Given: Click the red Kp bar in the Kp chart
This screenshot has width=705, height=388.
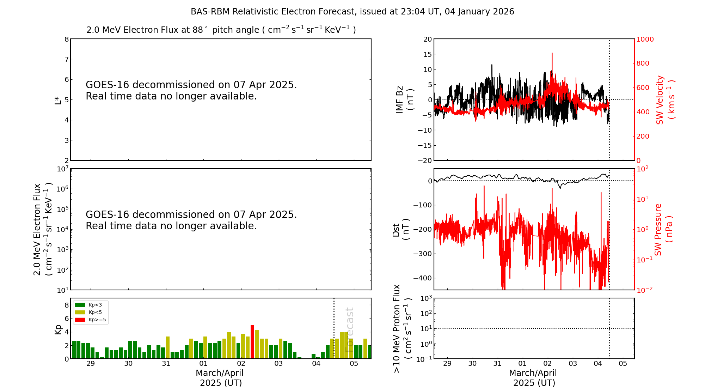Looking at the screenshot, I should coord(252,341).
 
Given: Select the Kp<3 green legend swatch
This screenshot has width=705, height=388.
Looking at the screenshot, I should coord(80,305).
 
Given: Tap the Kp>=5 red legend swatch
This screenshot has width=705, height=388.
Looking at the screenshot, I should coord(80,320).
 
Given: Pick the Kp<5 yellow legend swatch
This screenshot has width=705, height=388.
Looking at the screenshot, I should coord(80,312).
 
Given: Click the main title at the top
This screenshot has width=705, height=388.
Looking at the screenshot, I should coord(352,12).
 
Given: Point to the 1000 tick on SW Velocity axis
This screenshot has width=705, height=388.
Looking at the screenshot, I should coord(645,39).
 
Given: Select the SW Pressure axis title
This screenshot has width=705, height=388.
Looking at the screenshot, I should coord(663,229).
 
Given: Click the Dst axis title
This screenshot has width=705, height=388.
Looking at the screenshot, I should coord(401,229).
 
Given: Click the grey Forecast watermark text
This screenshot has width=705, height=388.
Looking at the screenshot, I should coord(349,329).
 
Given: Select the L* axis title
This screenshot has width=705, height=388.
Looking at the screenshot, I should coord(58,100).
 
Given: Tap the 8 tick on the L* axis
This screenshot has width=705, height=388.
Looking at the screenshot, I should coord(67,39).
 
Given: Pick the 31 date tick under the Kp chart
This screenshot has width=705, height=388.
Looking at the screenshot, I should coord(166,364).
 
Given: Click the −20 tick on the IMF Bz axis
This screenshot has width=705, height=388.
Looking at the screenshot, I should coord(424,160).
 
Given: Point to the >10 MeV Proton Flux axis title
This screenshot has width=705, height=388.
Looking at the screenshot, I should coord(402,328).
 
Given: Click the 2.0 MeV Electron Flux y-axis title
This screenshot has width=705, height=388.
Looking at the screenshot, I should coord(42,229).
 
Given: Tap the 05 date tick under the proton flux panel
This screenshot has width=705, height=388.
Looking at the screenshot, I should coord(623,364).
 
